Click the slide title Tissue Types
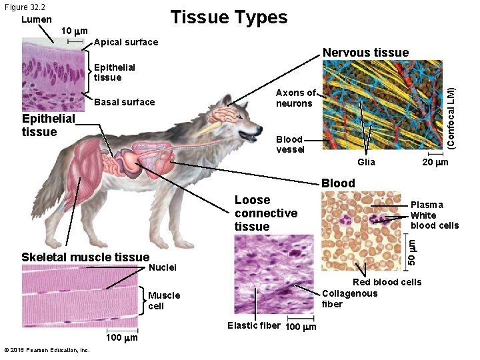click(229, 17)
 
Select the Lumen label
click(36, 19)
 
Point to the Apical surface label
click(126, 42)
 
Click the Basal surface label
click(124, 102)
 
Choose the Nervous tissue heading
click(365, 53)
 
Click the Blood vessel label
click(289, 144)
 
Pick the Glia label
click(366, 162)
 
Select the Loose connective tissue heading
click(265, 213)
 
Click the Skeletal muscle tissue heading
click(85, 257)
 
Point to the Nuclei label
click(163, 267)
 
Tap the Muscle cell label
click(164, 301)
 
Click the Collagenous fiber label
click(349, 299)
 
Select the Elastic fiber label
click(254, 325)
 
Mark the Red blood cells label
click(387, 282)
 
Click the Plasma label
click(427, 205)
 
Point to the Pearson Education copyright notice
click(47, 349)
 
